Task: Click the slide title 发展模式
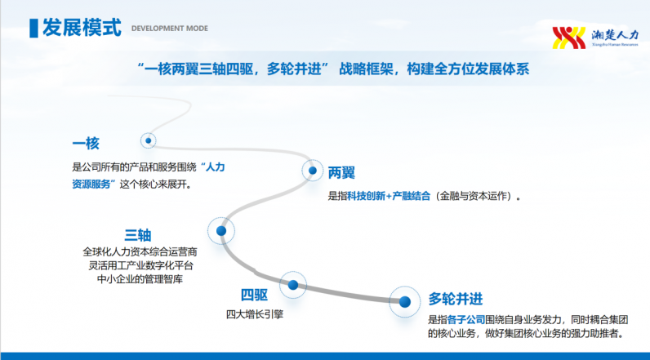pos(82,28)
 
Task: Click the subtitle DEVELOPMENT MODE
pos(170,29)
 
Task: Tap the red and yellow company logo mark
pos(568,38)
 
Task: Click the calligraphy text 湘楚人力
pos(615,35)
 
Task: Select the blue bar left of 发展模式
pos(33,29)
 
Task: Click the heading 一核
pos(86,144)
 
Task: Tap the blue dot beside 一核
pos(148,140)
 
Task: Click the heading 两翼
pos(341,172)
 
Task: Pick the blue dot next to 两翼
pos(313,171)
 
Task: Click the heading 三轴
pos(138,235)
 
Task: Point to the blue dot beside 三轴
pos(221,231)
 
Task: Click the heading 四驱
pos(254,295)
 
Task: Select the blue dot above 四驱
pos(293,285)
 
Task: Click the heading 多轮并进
pos(455,299)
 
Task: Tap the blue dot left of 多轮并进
pos(405,301)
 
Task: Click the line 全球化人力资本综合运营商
pos(140,252)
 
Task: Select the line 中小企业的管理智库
pos(140,279)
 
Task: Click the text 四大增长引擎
pos(255,314)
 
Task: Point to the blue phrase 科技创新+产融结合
pos(389,196)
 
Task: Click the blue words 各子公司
pos(466,320)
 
